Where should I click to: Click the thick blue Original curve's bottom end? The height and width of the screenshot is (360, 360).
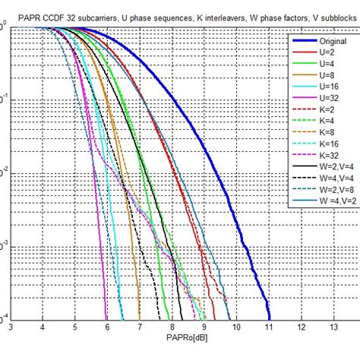(269, 317)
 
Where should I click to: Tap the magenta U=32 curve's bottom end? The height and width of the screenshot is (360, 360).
(106, 317)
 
